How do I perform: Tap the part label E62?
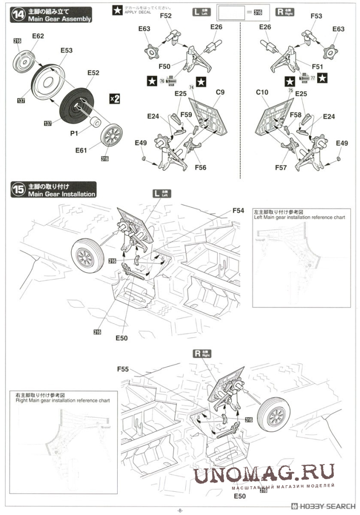[x=38, y=36]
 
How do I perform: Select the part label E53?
[x=67, y=50]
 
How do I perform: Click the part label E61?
[x=82, y=150]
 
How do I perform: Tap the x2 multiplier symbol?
[x=115, y=98]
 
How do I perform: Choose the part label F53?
[x=316, y=16]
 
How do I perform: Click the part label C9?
[x=220, y=92]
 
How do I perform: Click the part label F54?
[x=238, y=210]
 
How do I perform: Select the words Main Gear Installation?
[x=62, y=194]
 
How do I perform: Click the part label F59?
[x=186, y=115]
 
